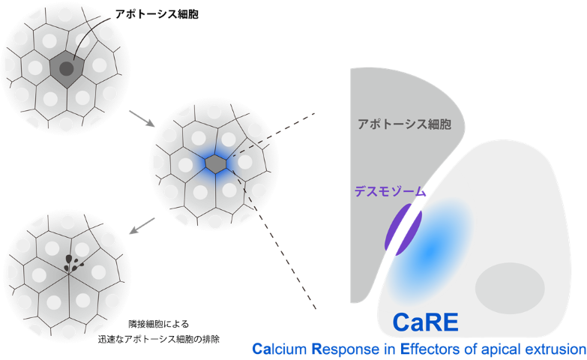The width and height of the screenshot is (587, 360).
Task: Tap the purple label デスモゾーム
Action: tap(391, 192)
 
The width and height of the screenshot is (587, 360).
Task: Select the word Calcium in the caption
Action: tap(280, 349)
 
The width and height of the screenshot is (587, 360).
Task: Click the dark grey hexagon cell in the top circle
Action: tap(66, 70)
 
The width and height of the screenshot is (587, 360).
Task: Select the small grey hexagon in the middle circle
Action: tap(216, 163)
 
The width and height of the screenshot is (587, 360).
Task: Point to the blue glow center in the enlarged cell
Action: tap(432, 250)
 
